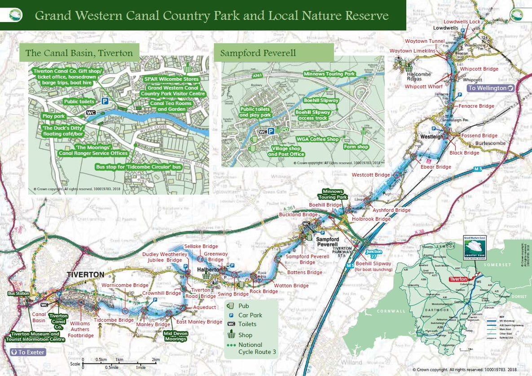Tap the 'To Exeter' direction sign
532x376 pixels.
pyautogui.click(x=28, y=352)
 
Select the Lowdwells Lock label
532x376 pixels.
pyautogui.click(x=462, y=22)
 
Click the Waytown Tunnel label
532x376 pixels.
pyautogui.click(x=424, y=41)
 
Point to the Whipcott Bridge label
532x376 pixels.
pyautogui.click(x=479, y=69)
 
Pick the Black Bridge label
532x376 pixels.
pyautogui.click(x=464, y=153)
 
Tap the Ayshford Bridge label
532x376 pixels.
pyautogui.click(x=391, y=210)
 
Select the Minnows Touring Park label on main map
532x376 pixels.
pyautogui.click(x=332, y=195)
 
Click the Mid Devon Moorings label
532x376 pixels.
pyautogui.click(x=175, y=336)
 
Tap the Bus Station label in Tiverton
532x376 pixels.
pyautogui.click(x=18, y=293)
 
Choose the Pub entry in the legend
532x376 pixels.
pyautogui.click(x=244, y=306)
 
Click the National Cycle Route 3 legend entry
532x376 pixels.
pyautogui.click(x=257, y=348)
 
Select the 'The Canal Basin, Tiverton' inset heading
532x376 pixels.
pyautogui.click(x=79, y=53)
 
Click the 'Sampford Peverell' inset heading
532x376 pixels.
pyautogui.click(x=258, y=53)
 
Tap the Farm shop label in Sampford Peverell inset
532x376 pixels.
pyautogui.click(x=356, y=147)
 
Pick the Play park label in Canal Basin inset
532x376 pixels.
pyautogui.click(x=54, y=116)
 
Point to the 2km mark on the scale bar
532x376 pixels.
pyautogui.click(x=156, y=360)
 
